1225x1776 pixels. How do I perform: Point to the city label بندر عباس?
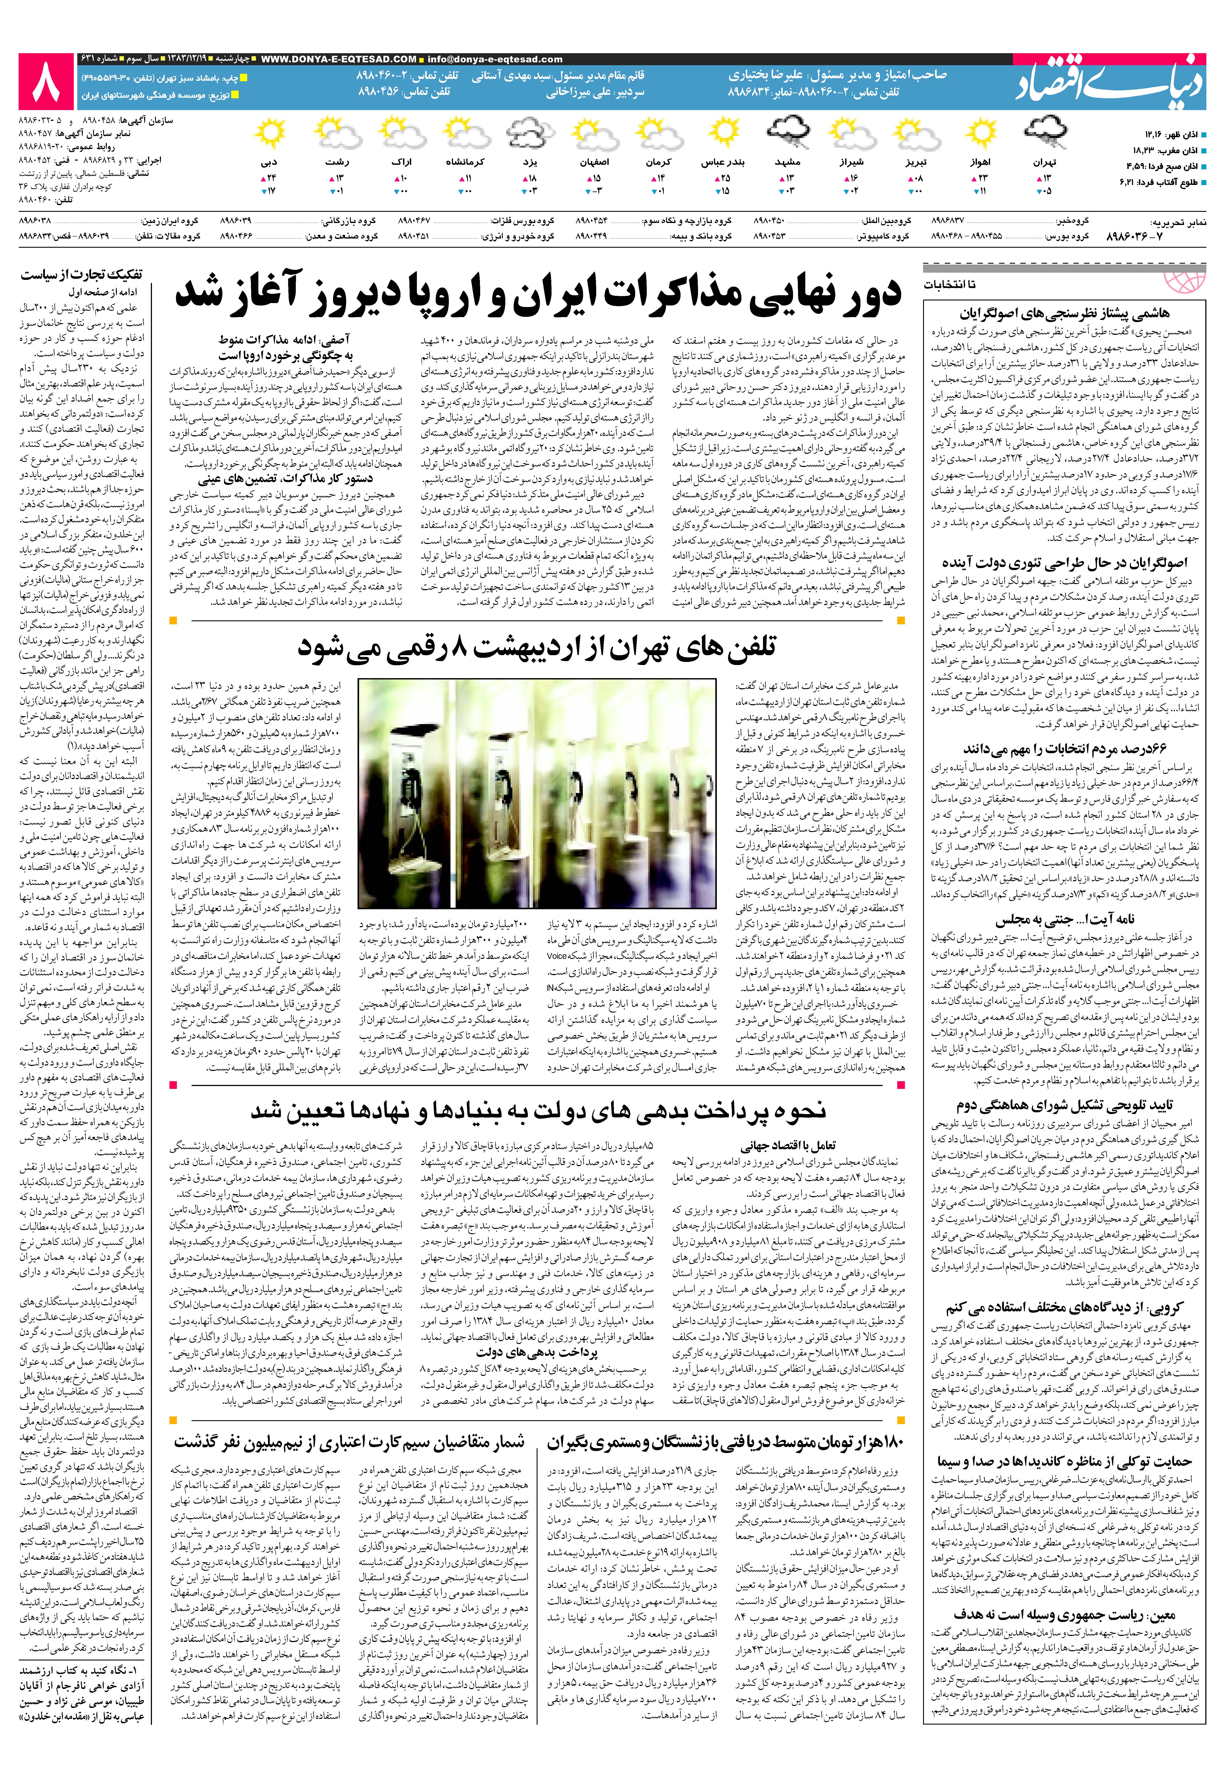point(723,163)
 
